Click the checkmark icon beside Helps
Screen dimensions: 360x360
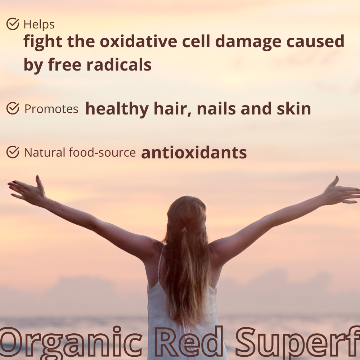click(13, 24)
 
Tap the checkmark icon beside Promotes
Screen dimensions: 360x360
click(13, 108)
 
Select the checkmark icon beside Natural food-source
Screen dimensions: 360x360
click(13, 152)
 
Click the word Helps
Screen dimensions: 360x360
click(39, 25)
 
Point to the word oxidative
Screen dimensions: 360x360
click(139, 41)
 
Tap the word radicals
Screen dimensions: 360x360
click(119, 64)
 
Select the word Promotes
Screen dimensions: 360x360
click(51, 109)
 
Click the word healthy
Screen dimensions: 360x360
click(117, 109)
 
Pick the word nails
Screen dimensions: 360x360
click(216, 109)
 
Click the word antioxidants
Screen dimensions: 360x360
click(194, 153)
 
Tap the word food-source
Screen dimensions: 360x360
click(102, 152)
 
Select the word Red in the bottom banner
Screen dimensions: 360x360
click(189, 342)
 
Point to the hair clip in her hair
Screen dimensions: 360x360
click(184, 230)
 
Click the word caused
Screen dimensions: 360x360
click(315, 41)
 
